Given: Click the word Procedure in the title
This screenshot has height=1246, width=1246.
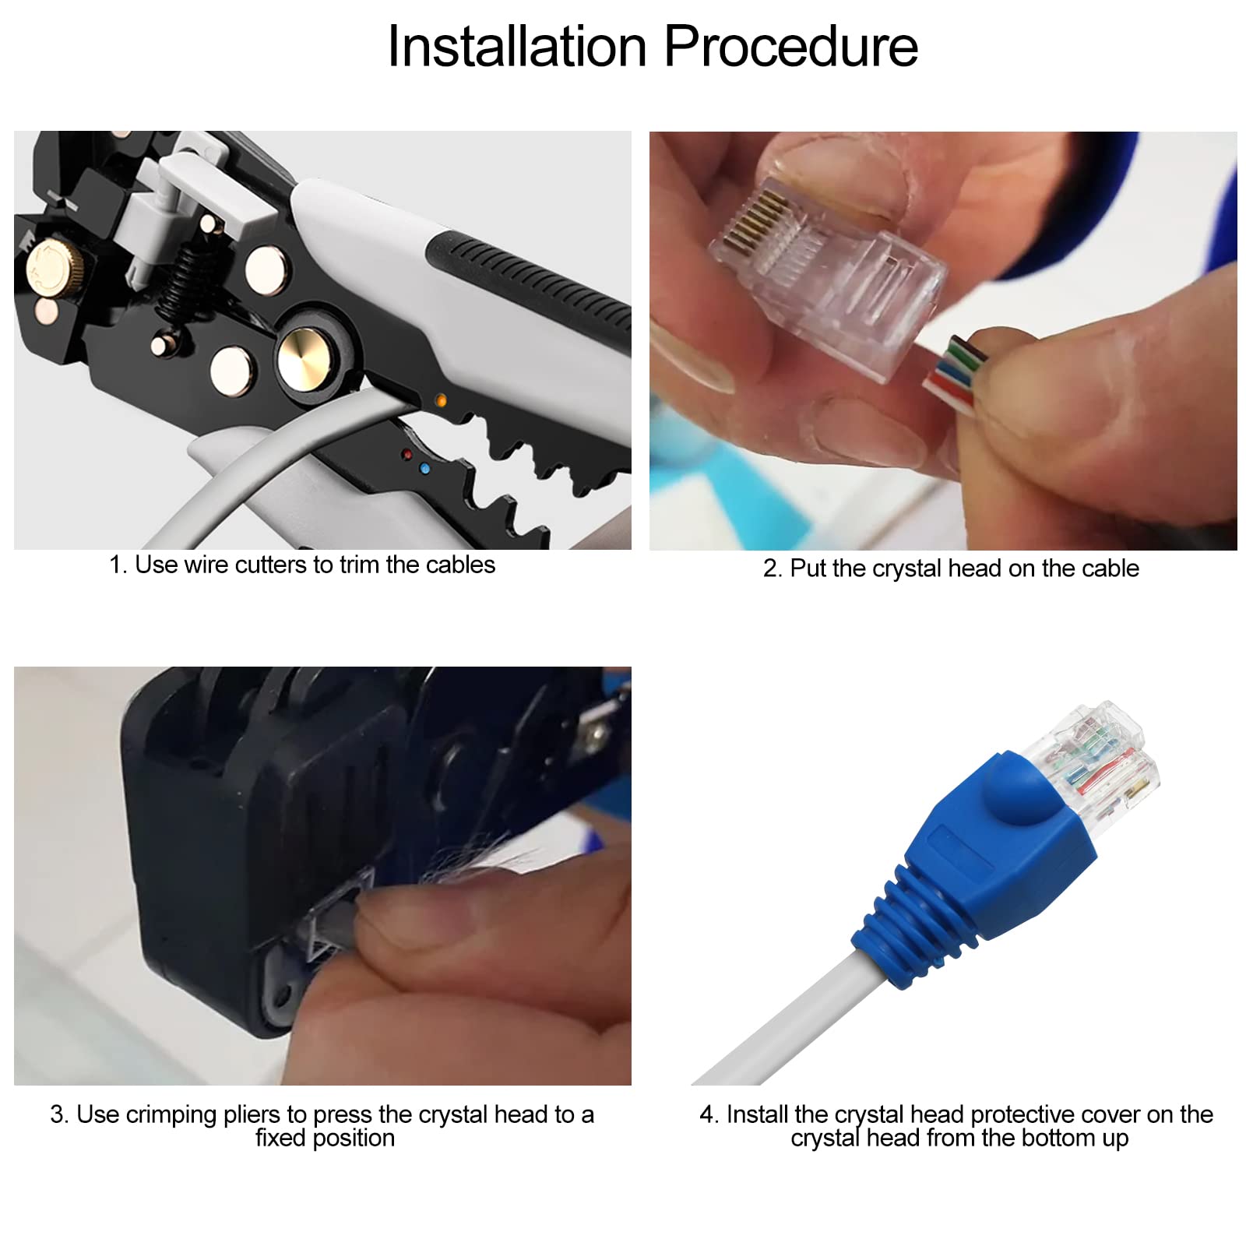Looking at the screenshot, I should (790, 47).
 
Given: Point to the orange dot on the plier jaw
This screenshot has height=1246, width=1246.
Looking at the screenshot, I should (441, 401).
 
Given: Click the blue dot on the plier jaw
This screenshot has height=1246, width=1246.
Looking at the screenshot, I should (424, 469).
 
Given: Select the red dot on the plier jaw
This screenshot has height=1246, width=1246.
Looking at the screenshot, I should (407, 454).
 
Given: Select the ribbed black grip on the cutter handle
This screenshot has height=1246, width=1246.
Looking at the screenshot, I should (530, 280).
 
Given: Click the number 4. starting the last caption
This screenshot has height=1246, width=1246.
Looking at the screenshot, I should (709, 1115).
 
